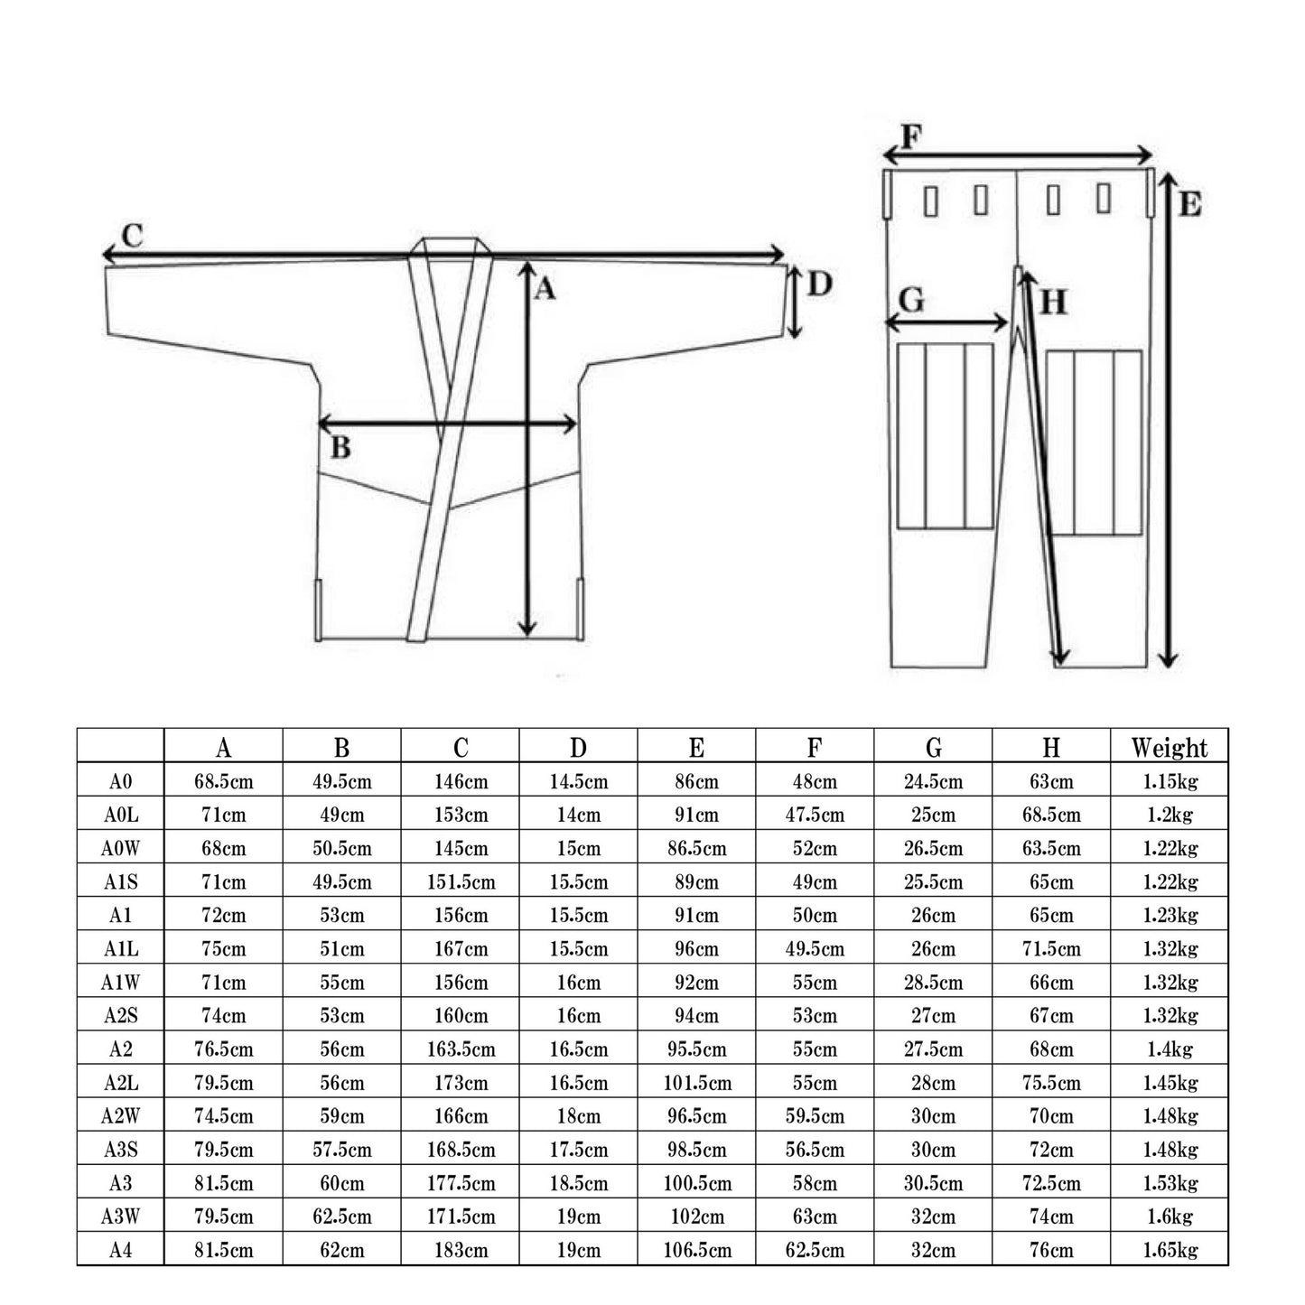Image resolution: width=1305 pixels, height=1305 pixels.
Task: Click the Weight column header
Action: click(1169, 748)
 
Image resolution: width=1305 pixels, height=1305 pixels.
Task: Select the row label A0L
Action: click(120, 815)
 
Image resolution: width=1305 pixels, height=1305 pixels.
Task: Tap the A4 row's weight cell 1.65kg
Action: click(1170, 1250)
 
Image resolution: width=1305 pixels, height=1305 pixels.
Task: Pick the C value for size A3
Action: click(461, 1183)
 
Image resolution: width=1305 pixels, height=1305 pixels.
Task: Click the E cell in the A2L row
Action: click(697, 1083)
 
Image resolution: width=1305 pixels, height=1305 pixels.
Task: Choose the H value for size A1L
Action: click(1051, 949)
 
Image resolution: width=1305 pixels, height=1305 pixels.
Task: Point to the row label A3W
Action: click(120, 1216)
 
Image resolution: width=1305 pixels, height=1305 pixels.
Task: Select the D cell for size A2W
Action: click(578, 1116)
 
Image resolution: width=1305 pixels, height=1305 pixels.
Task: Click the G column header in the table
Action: click(933, 748)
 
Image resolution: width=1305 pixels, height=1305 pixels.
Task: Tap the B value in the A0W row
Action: click(342, 849)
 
